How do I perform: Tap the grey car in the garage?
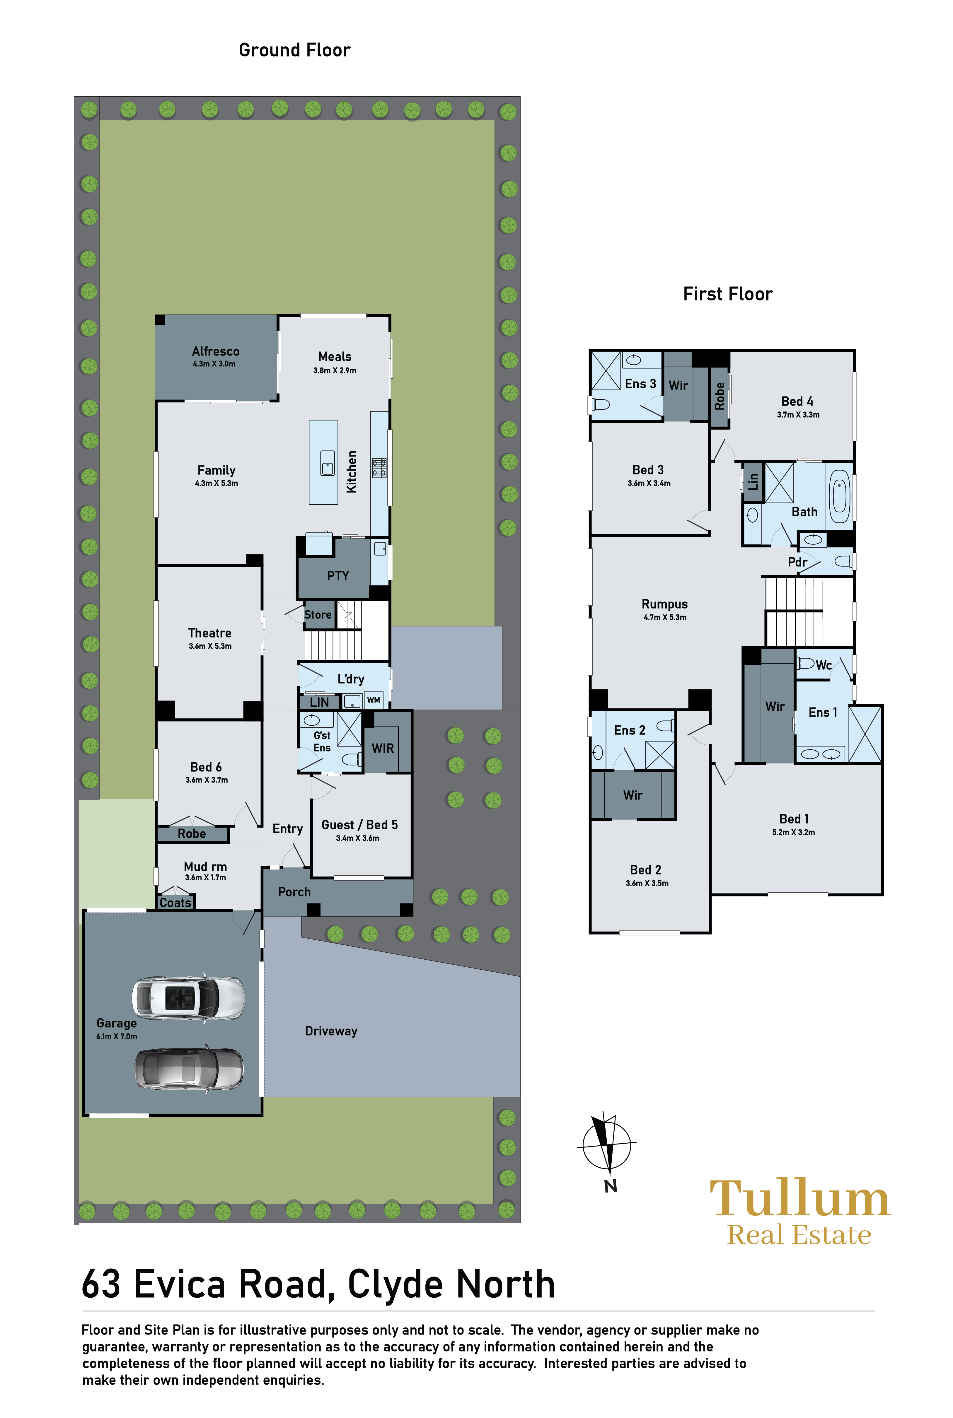189,1069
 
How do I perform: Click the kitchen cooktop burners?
379,468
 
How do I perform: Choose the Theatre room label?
210,633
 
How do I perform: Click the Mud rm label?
205,866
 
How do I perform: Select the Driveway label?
331,1031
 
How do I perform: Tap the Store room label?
318,615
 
